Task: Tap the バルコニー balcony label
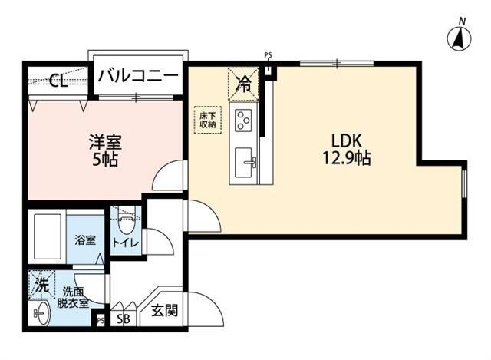[138, 77]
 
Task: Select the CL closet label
[57, 80]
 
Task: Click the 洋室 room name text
[106, 143]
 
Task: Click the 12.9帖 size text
[347, 160]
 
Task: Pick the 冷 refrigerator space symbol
[244, 84]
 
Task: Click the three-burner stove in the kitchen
[245, 121]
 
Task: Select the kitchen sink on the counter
[245, 161]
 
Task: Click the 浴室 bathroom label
[84, 240]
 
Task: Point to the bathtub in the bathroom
[48, 236]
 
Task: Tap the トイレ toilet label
[125, 243]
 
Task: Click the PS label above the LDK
[268, 55]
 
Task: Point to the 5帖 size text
[106, 161]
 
